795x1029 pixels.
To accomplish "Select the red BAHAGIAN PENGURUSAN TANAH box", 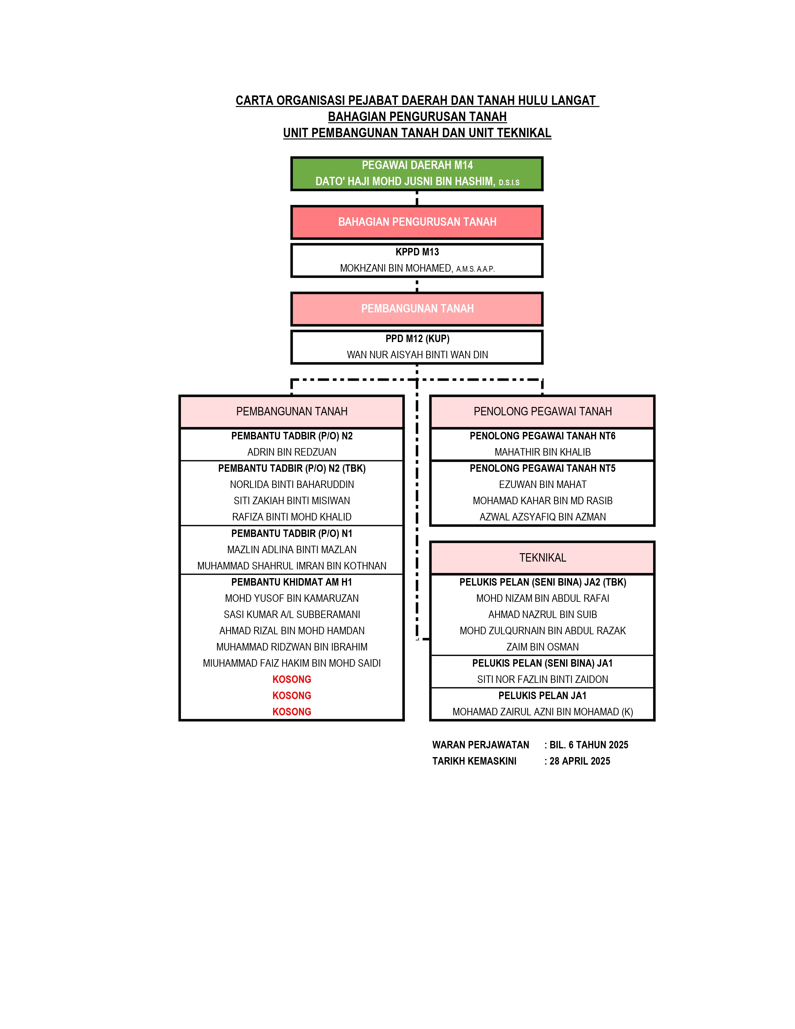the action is [417, 222].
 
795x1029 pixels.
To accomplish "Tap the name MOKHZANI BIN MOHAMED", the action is [396, 268].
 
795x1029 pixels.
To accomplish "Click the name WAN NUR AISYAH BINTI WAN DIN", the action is [417, 355].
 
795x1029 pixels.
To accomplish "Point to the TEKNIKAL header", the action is [542, 558].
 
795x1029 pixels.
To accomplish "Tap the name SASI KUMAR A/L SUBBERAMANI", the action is [292, 614].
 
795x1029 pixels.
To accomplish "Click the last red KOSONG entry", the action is [292, 712].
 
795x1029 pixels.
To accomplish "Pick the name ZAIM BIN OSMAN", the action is [542, 647].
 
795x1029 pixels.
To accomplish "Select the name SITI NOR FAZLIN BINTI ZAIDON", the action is [542, 679].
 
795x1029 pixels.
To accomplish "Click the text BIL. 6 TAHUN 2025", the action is [589, 745].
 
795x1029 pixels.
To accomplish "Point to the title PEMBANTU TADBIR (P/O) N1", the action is [292, 533].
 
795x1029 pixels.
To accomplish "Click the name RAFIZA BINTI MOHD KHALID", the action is [292, 517].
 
